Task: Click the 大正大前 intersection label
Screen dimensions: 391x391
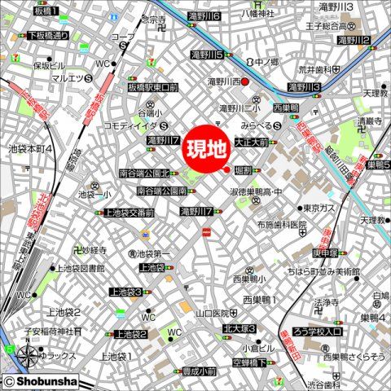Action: (251, 142)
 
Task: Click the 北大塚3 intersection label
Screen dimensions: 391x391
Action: (239, 328)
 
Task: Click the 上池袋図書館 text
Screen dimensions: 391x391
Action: (79, 267)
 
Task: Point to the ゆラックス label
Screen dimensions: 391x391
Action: (58, 355)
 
